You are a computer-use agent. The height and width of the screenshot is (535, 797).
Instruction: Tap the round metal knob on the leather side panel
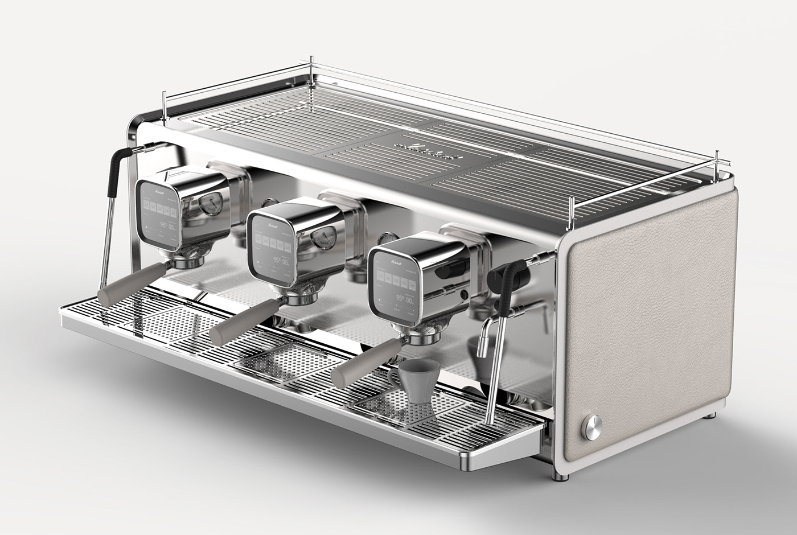coord(591,427)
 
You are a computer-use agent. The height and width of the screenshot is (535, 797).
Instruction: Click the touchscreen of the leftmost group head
coord(159,213)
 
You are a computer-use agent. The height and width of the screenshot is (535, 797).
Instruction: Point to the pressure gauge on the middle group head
coord(323,237)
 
